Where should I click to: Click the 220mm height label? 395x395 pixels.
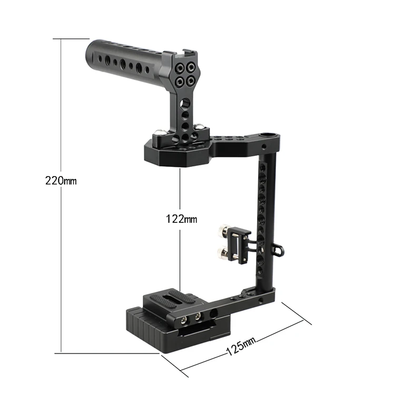[x=61, y=181]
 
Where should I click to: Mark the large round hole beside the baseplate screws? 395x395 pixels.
[x=215, y=314]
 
